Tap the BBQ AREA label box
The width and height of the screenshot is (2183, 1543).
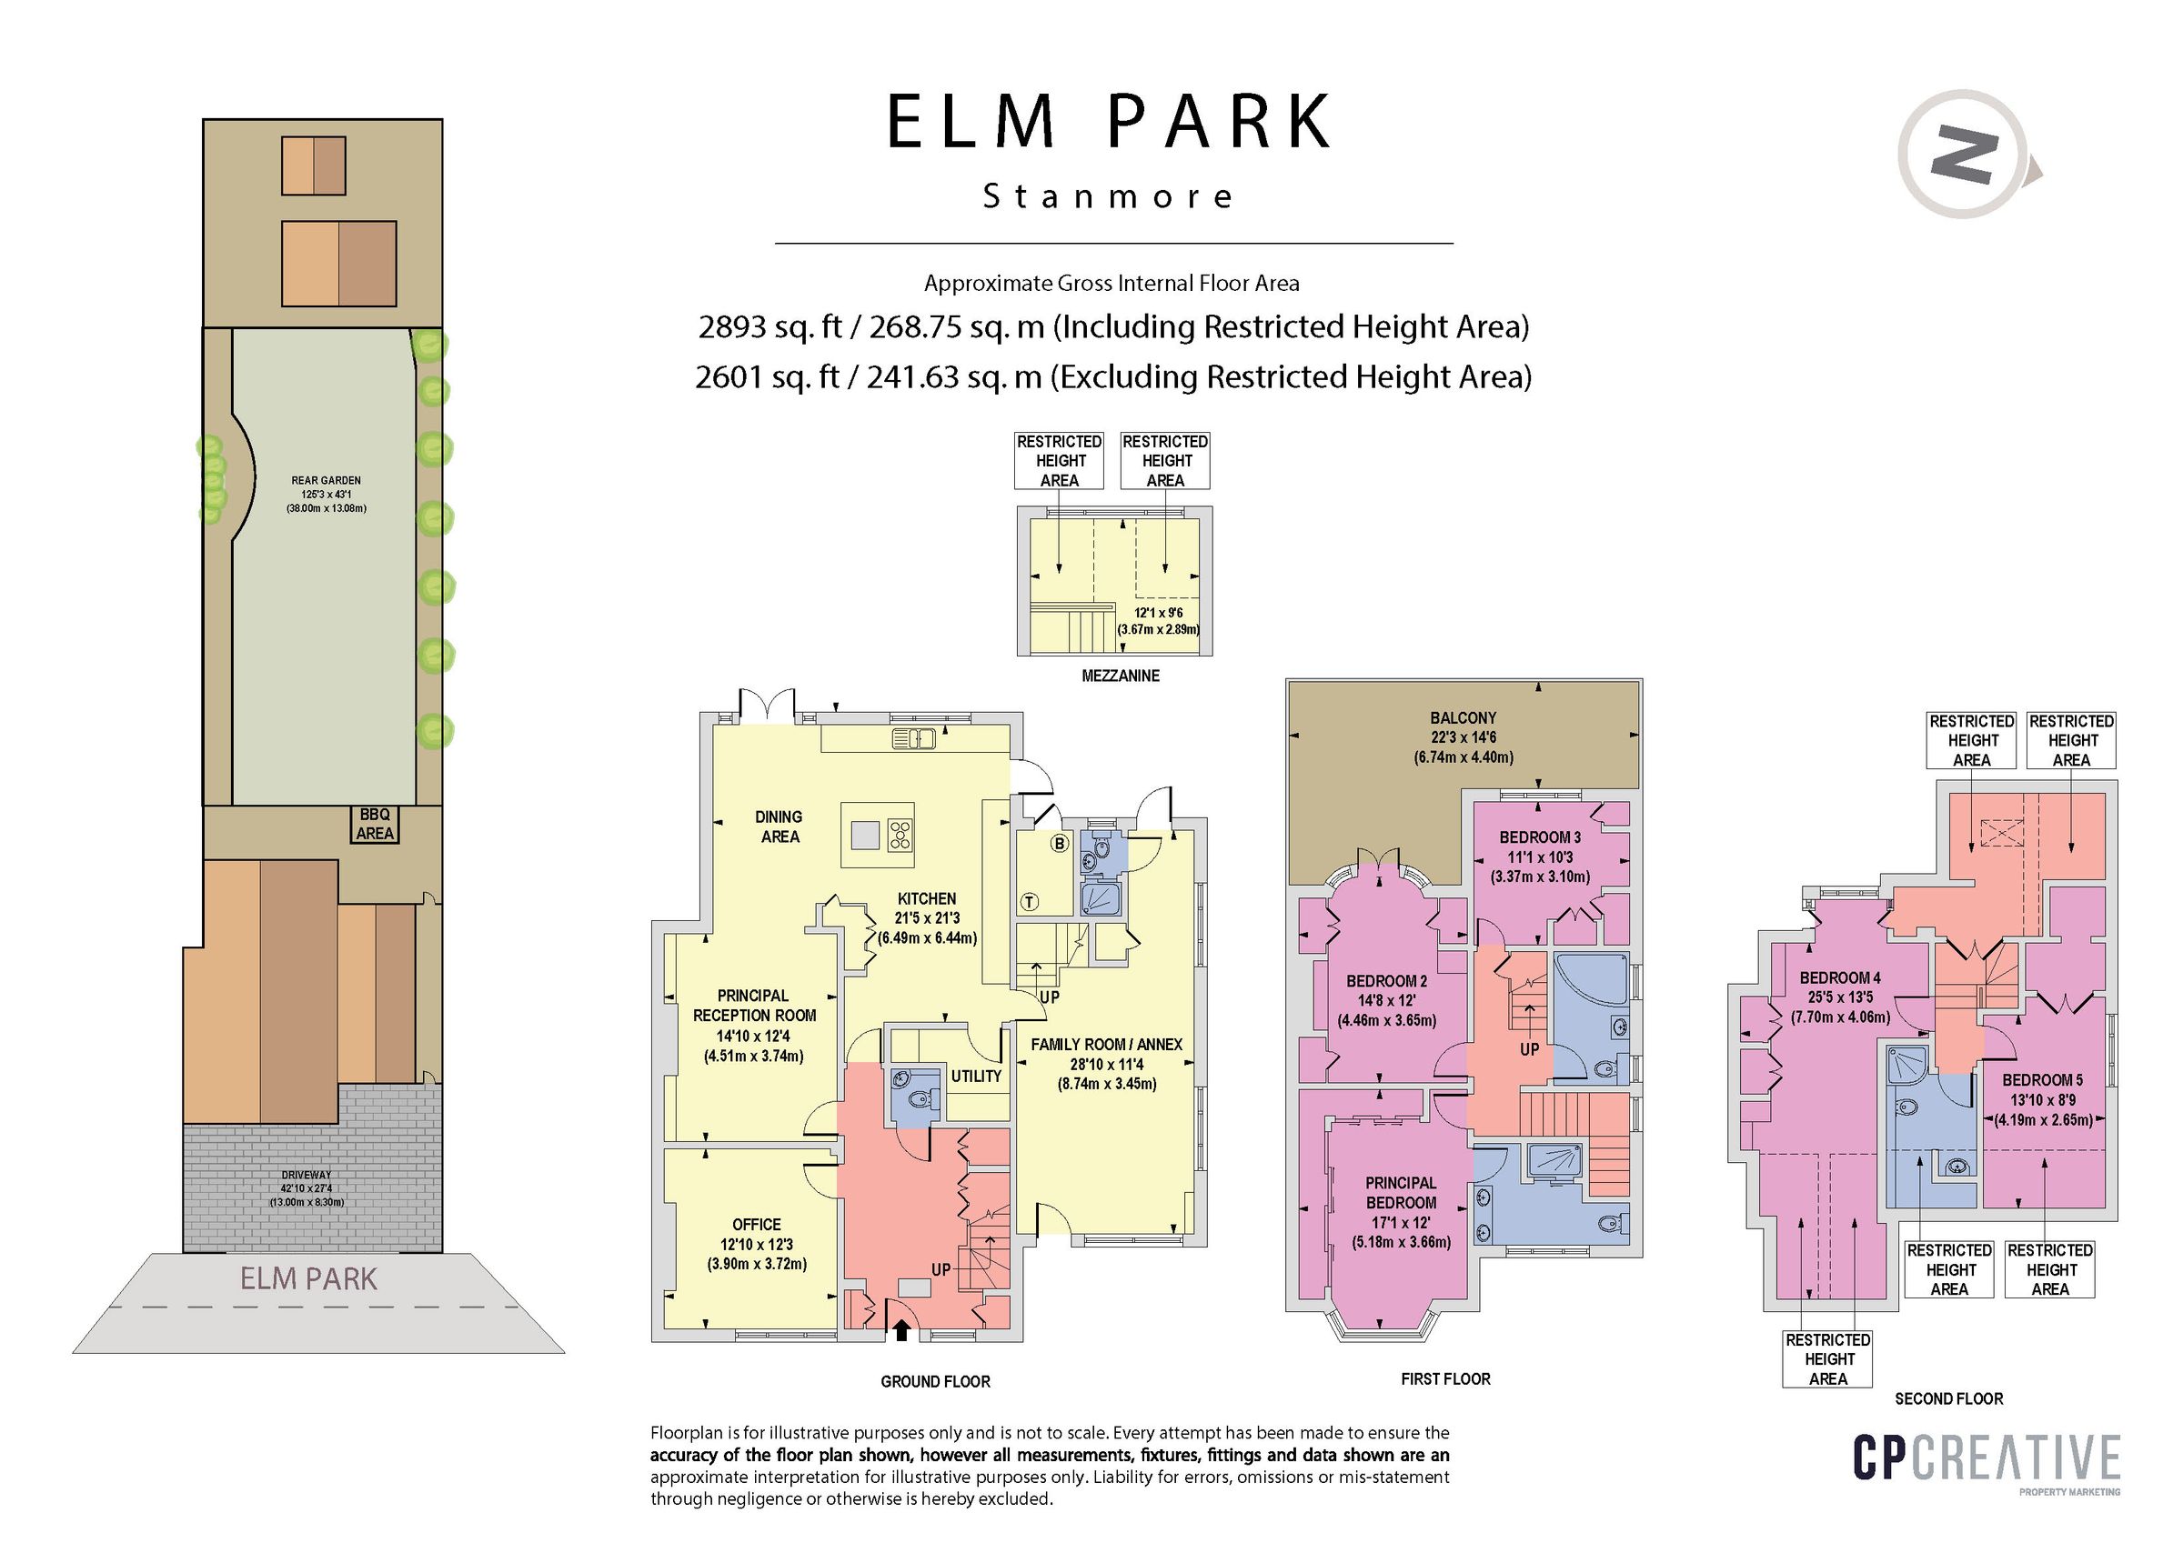click(375, 825)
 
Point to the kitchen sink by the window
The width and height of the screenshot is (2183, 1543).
click(914, 737)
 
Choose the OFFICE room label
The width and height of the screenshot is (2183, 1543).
click(757, 1225)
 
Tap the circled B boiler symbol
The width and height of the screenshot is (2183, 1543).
click(1059, 843)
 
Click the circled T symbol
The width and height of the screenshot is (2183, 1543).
click(1029, 902)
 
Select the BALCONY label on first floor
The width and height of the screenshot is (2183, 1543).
click(1463, 717)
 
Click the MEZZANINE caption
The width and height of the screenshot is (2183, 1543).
click(1120, 676)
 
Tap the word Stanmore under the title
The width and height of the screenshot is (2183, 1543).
click(1108, 196)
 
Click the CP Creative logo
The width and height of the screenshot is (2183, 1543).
click(1987, 1458)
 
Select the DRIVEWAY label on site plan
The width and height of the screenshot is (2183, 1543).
click(307, 1175)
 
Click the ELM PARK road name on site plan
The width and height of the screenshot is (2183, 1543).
click(308, 1278)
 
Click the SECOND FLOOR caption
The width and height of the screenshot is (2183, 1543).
click(1948, 1398)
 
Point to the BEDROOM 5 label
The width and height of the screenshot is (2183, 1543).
click(2042, 1080)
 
